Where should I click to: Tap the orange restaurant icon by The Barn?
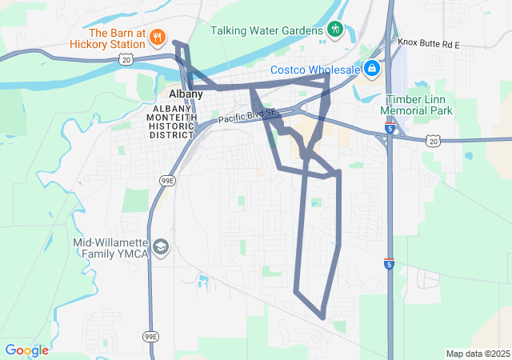[158, 35]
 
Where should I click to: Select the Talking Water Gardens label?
[266, 30]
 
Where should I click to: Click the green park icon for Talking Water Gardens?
[335, 30]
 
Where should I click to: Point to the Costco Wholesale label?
[314, 70]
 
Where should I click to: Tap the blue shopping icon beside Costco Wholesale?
[371, 70]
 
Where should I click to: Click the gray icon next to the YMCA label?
[162, 246]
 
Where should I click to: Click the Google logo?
[26, 350]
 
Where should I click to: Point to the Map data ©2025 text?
[477, 354]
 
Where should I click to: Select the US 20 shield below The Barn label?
[126, 60]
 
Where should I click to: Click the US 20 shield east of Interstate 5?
[433, 141]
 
